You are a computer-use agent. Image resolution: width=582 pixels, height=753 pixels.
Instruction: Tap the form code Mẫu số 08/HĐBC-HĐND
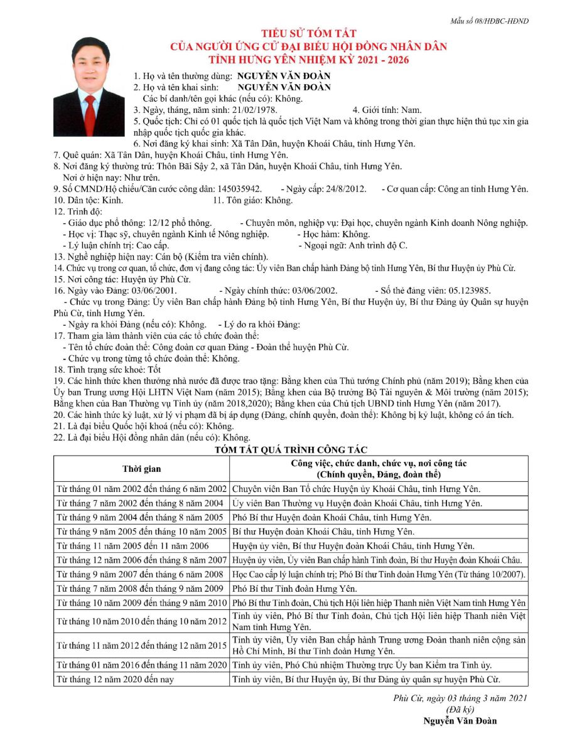(489, 21)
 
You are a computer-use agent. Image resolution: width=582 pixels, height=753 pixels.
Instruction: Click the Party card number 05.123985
(465, 291)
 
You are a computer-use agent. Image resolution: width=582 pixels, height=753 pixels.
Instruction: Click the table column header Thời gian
(141, 469)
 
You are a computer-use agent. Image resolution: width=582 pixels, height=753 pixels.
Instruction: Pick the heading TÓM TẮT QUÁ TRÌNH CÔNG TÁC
(291, 449)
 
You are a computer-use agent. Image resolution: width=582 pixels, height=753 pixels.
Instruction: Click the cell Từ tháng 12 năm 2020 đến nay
(115, 680)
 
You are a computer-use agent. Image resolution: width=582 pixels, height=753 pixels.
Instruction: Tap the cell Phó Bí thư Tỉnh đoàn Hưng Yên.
(294, 589)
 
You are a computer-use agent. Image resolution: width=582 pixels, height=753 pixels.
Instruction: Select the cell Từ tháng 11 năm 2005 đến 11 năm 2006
(132, 546)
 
